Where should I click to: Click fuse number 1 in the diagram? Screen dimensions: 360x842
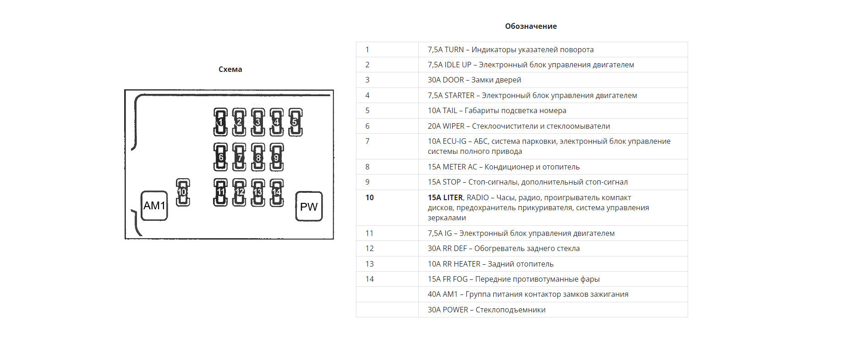pyautogui.click(x=220, y=122)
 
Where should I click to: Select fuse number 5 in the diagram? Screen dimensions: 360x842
pyautogui.click(x=295, y=122)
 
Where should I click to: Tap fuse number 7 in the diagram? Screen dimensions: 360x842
pyautogui.click(x=239, y=157)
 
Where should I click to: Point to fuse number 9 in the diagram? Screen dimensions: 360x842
pyautogui.click(x=276, y=157)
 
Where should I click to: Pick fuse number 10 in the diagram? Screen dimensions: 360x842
pyautogui.click(x=183, y=192)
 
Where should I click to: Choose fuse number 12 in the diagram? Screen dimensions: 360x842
pyautogui.click(x=239, y=192)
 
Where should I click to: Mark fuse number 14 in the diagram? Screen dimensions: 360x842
pyautogui.click(x=277, y=192)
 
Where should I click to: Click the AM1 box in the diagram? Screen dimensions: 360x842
pyautogui.click(x=154, y=206)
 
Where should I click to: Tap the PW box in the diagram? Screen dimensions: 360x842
pyautogui.click(x=309, y=207)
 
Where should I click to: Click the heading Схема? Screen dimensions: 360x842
pyautogui.click(x=230, y=69)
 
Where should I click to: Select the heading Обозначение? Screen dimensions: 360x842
pyautogui.click(x=530, y=26)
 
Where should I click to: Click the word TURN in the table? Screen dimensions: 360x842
pyautogui.click(x=454, y=49)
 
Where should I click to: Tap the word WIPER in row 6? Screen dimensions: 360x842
pyautogui.click(x=454, y=126)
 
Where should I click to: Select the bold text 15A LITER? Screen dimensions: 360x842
pyautogui.click(x=445, y=197)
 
